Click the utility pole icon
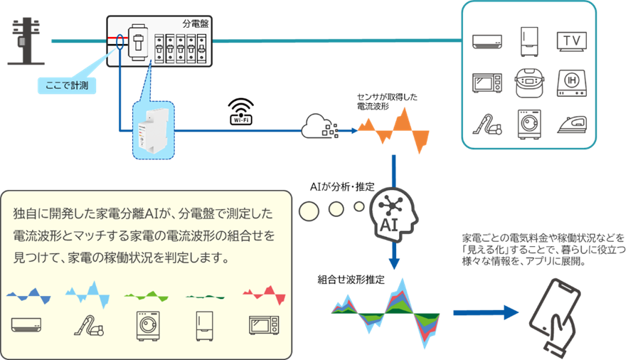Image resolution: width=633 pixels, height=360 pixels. coord(26,41)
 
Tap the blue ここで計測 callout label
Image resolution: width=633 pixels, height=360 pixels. coord(67,85)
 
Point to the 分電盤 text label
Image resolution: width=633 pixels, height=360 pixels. coord(196,24)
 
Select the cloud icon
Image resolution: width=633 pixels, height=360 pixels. coord(319,126)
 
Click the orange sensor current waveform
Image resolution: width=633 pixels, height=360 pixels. coord(393,130)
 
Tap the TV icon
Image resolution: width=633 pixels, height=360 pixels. coord(572,41)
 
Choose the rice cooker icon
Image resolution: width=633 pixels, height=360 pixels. coord(529,83)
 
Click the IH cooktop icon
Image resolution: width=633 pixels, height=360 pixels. coord(572,83)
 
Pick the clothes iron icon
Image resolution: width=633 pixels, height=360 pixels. coord(572,125)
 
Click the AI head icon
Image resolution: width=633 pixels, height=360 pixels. coord(393,215)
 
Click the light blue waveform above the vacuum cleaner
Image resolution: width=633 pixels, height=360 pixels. coord(87,294)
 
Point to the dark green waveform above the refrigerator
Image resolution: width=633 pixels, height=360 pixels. coord(205,297)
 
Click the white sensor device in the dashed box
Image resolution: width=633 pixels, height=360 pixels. coord(153,131)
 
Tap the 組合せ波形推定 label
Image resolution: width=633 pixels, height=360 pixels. coord(351,280)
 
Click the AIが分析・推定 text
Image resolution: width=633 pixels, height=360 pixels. coord(342,186)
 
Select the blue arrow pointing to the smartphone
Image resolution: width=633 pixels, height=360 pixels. coord(486,313)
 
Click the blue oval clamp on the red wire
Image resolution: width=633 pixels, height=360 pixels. coord(120,42)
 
